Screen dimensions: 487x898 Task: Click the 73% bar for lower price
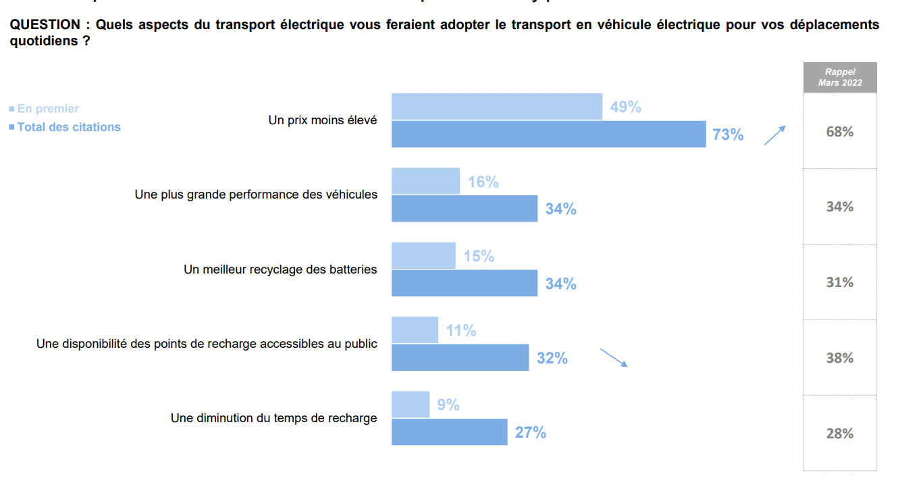pos(548,134)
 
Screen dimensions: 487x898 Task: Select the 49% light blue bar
pos(497,107)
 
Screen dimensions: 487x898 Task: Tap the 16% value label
pos(483,182)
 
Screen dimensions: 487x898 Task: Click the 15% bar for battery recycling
pos(423,255)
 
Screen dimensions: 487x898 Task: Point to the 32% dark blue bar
pos(460,357)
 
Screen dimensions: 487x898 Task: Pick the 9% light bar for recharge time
pos(411,404)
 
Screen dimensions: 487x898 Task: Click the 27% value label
pos(531,432)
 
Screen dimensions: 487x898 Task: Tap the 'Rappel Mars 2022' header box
pos(839,78)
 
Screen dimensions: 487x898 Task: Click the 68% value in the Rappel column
pos(839,132)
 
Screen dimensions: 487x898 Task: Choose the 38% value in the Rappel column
pos(839,358)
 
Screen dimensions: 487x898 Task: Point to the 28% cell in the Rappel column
pos(839,434)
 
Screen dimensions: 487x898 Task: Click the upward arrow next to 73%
pos(774,135)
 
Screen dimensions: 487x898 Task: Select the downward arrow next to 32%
pos(614,358)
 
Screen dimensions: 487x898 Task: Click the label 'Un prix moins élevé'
pos(323,120)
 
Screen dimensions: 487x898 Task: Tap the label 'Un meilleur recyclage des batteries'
pos(280,269)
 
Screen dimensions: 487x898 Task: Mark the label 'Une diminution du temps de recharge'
pos(273,418)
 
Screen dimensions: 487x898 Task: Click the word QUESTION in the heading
pos(45,25)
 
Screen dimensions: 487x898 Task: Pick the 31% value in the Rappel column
pos(839,282)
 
